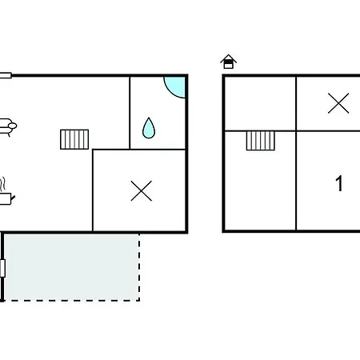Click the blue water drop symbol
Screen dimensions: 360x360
click(x=149, y=128)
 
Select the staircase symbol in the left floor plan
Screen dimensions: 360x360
click(x=74, y=139)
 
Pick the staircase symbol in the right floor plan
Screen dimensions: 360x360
click(x=261, y=141)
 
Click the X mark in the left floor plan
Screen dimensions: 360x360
click(x=142, y=191)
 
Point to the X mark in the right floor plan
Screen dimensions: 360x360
click(x=338, y=103)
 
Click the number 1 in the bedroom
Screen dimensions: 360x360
click(x=339, y=183)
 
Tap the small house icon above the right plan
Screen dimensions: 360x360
click(x=229, y=62)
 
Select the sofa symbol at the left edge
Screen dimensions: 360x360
click(x=7, y=127)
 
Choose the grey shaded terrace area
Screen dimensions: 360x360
click(x=71, y=267)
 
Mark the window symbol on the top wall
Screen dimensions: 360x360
click(x=6, y=75)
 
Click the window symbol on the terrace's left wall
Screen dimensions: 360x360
click(x=2, y=268)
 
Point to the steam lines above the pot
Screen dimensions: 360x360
click(x=2, y=184)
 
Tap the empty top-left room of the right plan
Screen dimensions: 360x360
click(x=260, y=104)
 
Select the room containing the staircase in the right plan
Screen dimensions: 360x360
click(x=260, y=181)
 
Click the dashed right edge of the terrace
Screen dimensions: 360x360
click(x=139, y=267)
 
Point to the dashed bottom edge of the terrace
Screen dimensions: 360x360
click(x=71, y=301)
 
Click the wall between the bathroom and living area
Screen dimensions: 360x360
click(x=130, y=113)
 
